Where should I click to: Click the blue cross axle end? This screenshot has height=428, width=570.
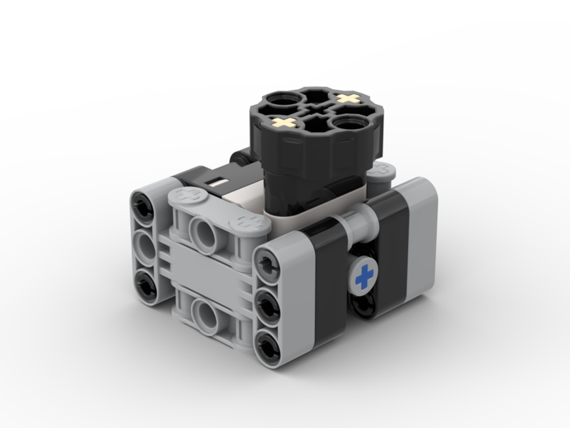364,277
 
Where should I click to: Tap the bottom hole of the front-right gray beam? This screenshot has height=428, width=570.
268,344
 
